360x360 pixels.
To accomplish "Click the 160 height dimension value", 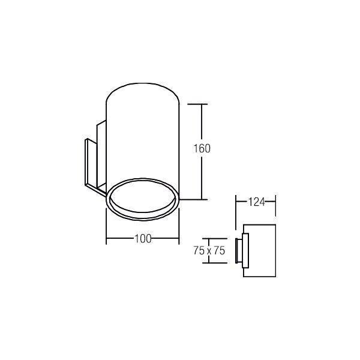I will click(x=203, y=148).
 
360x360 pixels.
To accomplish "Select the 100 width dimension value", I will click(x=142, y=239).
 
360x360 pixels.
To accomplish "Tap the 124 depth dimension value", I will click(x=256, y=202).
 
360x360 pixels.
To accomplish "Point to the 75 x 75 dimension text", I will click(x=209, y=251).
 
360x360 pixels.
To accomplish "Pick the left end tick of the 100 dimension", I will click(x=106, y=239).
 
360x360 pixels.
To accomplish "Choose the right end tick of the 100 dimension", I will click(x=179, y=239).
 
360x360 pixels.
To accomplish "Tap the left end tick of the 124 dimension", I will click(x=236, y=202).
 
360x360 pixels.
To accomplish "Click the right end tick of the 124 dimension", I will click(x=275, y=202).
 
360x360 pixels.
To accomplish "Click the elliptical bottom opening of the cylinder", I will click(x=142, y=197).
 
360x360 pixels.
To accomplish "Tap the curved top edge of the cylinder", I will click(x=142, y=89).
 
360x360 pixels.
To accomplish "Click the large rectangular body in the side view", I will click(x=259, y=251).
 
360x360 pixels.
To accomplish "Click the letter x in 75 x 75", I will click(x=209, y=251).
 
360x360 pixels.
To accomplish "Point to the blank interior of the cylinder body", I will click(x=142, y=138).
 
